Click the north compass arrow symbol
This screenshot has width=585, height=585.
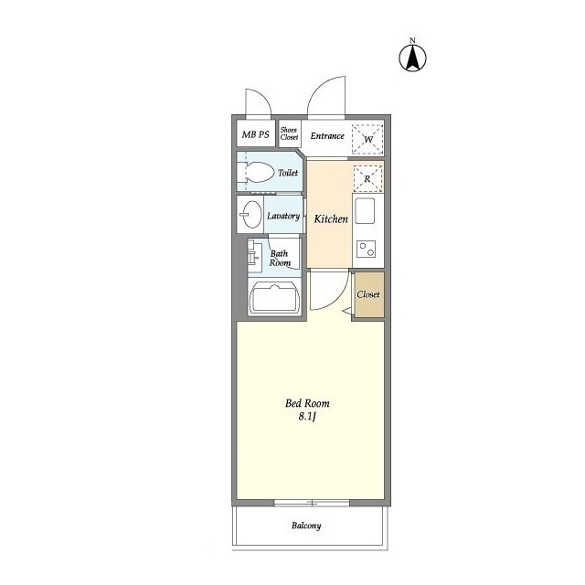tap(412, 58)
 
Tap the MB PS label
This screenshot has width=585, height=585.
tap(256, 134)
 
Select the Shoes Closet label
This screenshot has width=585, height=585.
tap(289, 133)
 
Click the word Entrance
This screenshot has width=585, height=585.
tap(327, 136)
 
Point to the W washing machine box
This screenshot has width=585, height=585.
tap(367, 140)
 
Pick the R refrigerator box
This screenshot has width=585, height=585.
tap(367, 179)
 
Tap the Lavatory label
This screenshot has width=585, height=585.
tap(283, 216)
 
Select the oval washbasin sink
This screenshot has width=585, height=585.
tap(251, 214)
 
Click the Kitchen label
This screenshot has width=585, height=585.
tap(331, 219)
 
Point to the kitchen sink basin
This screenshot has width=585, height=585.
tap(365, 210)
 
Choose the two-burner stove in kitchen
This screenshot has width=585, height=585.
tap(366, 249)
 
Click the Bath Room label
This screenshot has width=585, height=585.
tap(280, 258)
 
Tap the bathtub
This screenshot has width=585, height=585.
tap(275, 299)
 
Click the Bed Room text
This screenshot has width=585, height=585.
tap(307, 403)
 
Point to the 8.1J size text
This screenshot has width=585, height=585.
tap(307, 417)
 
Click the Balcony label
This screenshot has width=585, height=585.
tap(306, 526)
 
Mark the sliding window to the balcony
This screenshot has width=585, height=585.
tap(312, 503)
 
